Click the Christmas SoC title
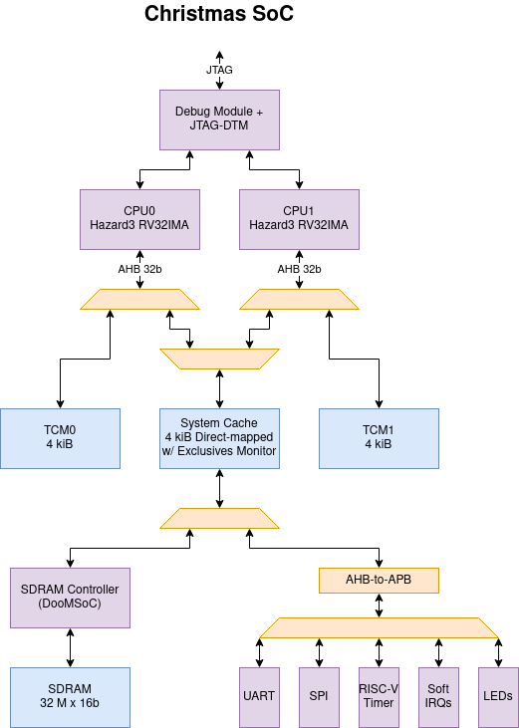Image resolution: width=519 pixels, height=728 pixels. coord(219,14)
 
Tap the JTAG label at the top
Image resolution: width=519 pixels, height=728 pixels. coord(219,70)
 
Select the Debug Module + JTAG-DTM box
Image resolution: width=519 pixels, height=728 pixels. coord(219,120)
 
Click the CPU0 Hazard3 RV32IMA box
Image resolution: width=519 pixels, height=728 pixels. coord(139,219)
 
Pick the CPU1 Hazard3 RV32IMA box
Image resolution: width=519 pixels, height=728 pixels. coord(299,219)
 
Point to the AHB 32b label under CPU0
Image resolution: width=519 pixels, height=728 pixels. coord(139,268)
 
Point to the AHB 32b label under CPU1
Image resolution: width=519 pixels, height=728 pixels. coord(299,268)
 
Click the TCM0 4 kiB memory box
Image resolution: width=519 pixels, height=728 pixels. coord(60,437)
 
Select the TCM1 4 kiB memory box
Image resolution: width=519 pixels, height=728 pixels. coord(379,437)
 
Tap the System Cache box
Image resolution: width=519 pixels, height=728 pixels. coord(219,437)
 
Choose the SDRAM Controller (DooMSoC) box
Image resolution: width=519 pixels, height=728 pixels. coord(70,597)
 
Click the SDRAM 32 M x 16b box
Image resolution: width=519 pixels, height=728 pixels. coord(70,696)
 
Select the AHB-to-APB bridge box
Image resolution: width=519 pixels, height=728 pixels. coord(379,580)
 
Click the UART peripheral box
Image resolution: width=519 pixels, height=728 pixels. coord(259,696)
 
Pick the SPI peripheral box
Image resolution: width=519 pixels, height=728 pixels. coord(319,696)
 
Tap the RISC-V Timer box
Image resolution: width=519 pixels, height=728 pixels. coord(379,696)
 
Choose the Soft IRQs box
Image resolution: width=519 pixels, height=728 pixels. coord(438,696)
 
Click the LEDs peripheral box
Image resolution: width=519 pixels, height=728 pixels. coord(498,696)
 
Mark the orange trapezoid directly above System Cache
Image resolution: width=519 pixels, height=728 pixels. coord(219,359)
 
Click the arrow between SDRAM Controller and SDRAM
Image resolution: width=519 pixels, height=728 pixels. coord(70,646)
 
